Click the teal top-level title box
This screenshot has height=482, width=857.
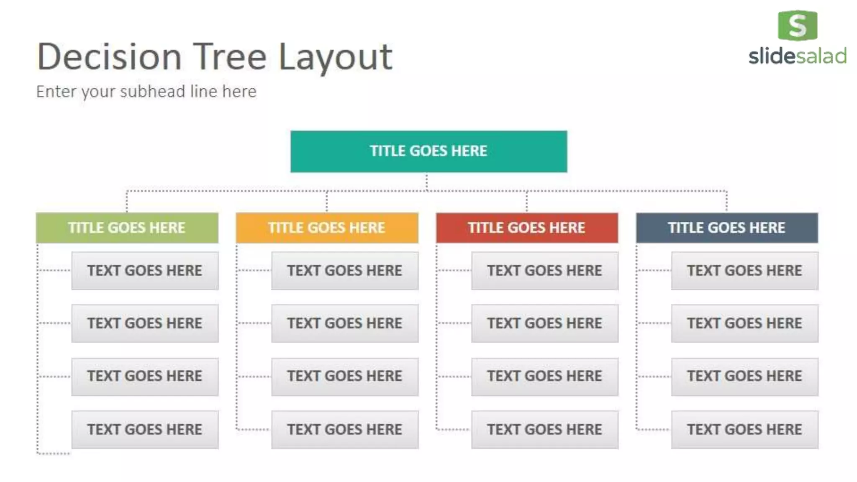pyautogui.click(x=428, y=151)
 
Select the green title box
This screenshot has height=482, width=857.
pyautogui.click(x=127, y=228)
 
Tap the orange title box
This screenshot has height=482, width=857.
pyautogui.click(x=327, y=228)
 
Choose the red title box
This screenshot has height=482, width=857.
pyautogui.click(x=527, y=228)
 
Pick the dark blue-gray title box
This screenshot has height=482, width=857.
pyautogui.click(x=727, y=228)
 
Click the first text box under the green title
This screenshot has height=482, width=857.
pyautogui.click(x=145, y=271)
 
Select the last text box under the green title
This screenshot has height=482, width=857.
pyautogui.click(x=145, y=429)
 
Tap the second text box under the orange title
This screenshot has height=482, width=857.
pyautogui.click(x=345, y=323)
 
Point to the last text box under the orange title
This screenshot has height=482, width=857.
pyautogui.click(x=345, y=429)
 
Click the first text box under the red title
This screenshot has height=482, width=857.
pyautogui.click(x=544, y=271)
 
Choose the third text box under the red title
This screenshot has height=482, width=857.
pyautogui.click(x=544, y=376)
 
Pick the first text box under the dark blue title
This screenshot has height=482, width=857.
pyautogui.click(x=744, y=271)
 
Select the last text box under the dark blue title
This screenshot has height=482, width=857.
pyautogui.click(x=744, y=429)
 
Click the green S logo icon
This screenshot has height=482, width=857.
pyautogui.click(x=797, y=26)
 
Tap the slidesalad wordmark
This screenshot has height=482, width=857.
pyautogui.click(x=797, y=56)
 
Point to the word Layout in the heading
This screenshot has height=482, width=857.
pyautogui.click(x=336, y=57)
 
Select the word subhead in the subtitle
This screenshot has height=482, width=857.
pyautogui.click(x=152, y=92)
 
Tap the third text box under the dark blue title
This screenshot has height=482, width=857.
pyautogui.click(x=744, y=376)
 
